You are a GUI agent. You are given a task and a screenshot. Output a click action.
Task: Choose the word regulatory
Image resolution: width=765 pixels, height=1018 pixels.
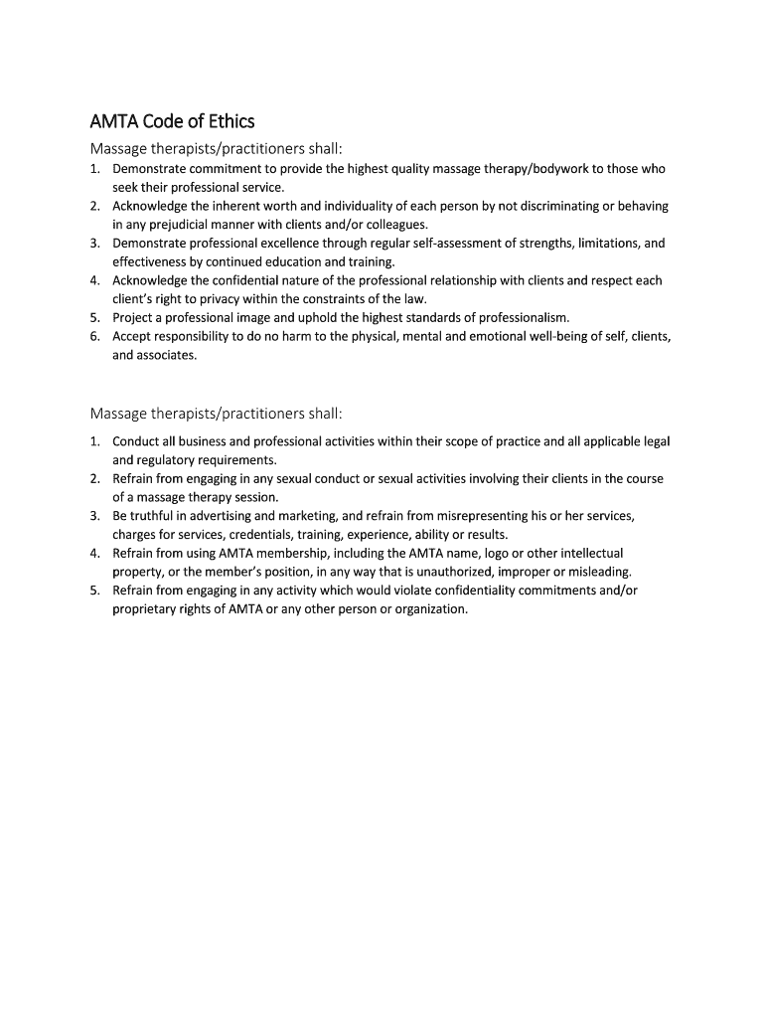point(172,459)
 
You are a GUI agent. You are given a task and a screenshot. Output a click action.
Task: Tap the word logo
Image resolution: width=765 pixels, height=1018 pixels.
point(499,553)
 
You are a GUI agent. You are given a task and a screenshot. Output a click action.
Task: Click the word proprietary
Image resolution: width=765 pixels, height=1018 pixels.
point(147,608)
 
